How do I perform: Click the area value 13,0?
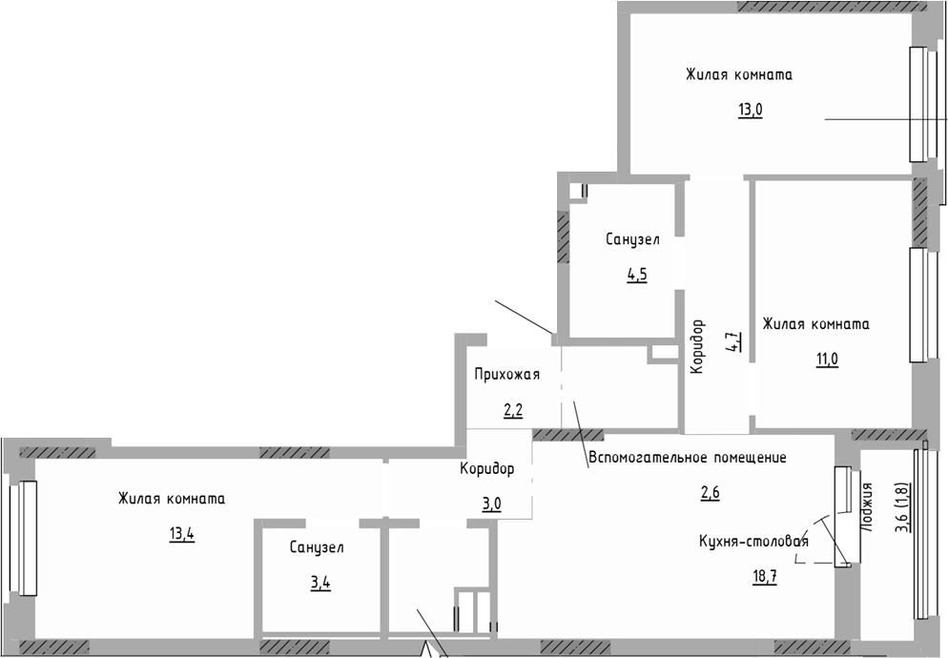[x=750, y=109]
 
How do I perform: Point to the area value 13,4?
[x=182, y=533]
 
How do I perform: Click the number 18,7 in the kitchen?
[x=764, y=575]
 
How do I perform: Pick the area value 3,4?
[x=321, y=582]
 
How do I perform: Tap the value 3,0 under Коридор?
[x=492, y=504]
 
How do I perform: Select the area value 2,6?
[x=711, y=492]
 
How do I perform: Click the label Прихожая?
[x=507, y=375]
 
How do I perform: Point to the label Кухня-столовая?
[x=754, y=542]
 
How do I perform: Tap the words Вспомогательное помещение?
[x=687, y=458]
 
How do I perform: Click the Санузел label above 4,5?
[x=632, y=239]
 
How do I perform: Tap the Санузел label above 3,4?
[x=318, y=547]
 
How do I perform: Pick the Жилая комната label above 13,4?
[x=172, y=498]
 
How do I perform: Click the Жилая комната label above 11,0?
[x=815, y=324]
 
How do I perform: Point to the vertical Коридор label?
[x=697, y=346]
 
